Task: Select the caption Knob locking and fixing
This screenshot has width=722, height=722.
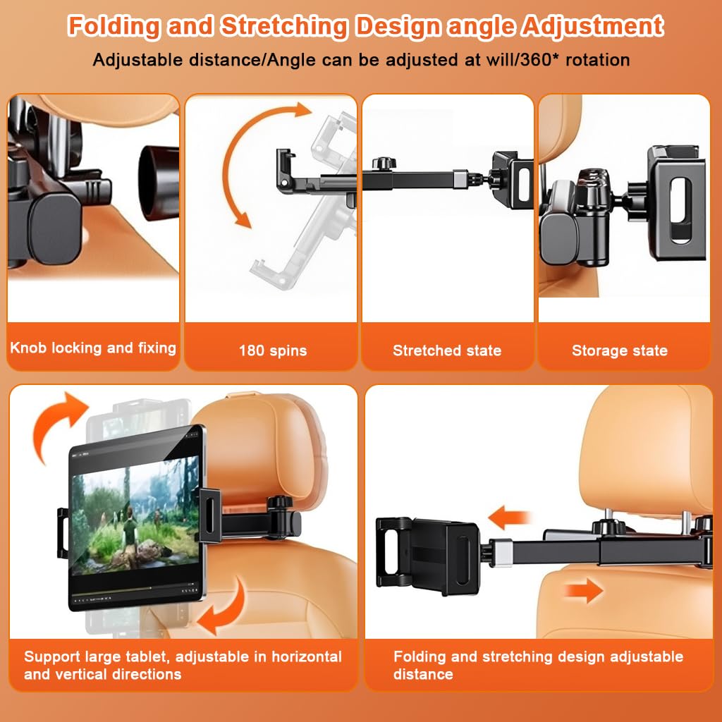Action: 93,348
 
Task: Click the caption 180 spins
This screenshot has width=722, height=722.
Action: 272,350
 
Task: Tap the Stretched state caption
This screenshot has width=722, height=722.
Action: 447,350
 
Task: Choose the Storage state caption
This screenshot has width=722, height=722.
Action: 620,350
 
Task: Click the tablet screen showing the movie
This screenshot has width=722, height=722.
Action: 134,518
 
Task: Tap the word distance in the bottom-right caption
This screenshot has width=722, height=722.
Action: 423,675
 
